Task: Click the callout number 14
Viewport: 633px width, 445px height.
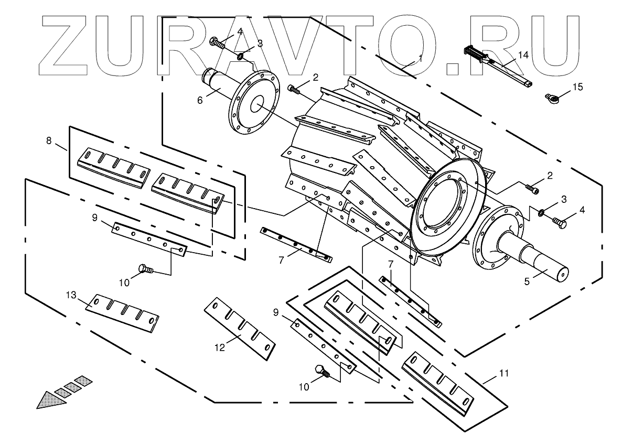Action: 523,55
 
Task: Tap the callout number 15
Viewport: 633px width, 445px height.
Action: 577,86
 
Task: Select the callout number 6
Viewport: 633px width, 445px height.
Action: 200,100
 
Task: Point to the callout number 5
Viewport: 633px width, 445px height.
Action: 528,280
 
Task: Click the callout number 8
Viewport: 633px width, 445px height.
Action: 49,140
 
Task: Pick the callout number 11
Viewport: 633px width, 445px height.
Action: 504,373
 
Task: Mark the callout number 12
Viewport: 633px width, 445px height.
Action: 220,346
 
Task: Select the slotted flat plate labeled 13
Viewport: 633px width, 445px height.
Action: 123,313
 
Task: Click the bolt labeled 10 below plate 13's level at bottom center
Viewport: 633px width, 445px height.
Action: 321,371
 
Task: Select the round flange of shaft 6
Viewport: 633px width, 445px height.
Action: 254,106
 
